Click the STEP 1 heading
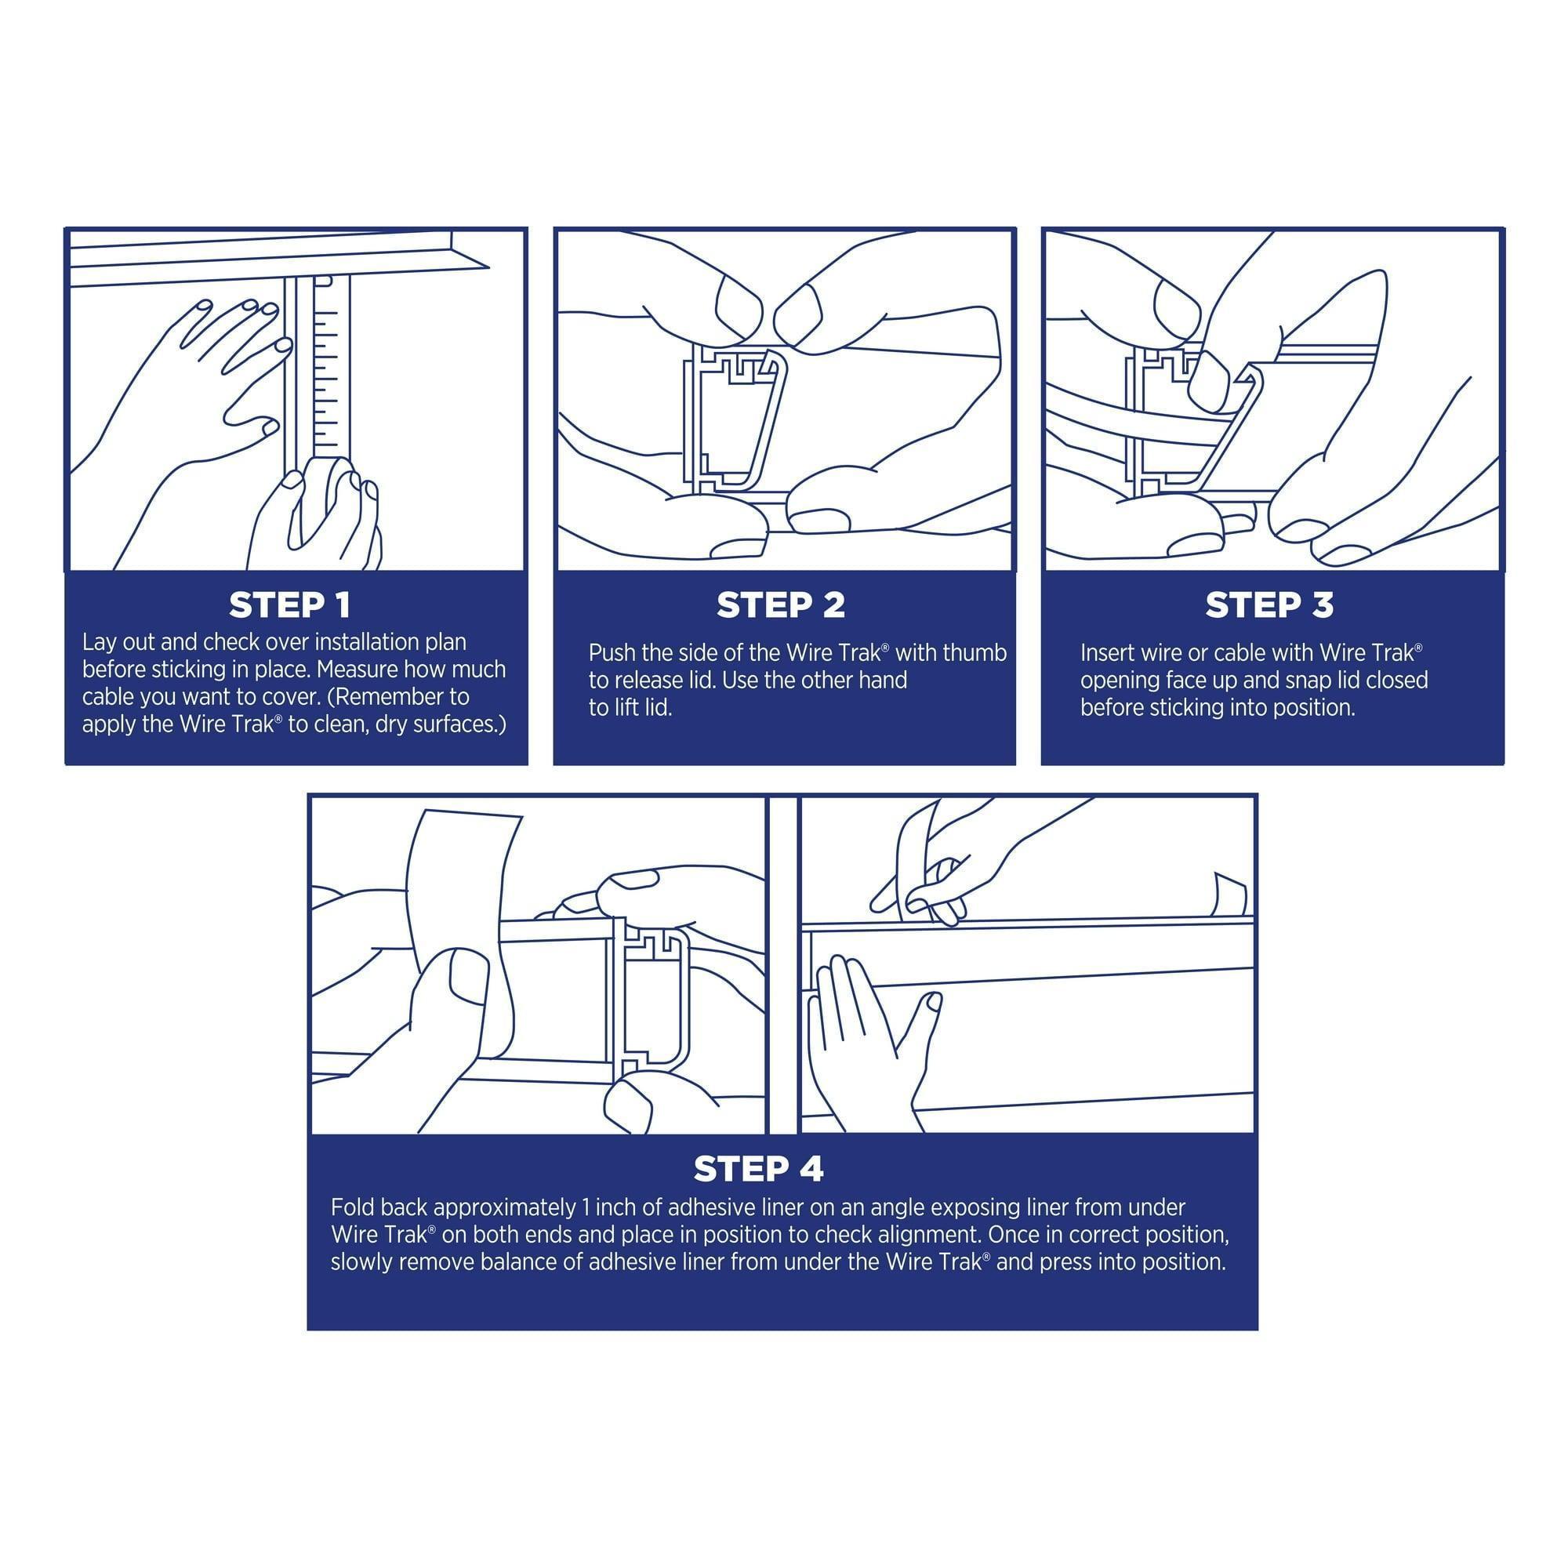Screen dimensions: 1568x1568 (290, 604)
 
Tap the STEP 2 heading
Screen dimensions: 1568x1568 (781, 604)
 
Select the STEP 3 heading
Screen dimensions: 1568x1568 (1269, 604)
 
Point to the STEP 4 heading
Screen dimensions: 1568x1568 (758, 1169)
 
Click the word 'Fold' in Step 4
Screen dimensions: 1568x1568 (351, 1207)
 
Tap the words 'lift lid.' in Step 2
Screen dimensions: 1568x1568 (642, 708)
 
